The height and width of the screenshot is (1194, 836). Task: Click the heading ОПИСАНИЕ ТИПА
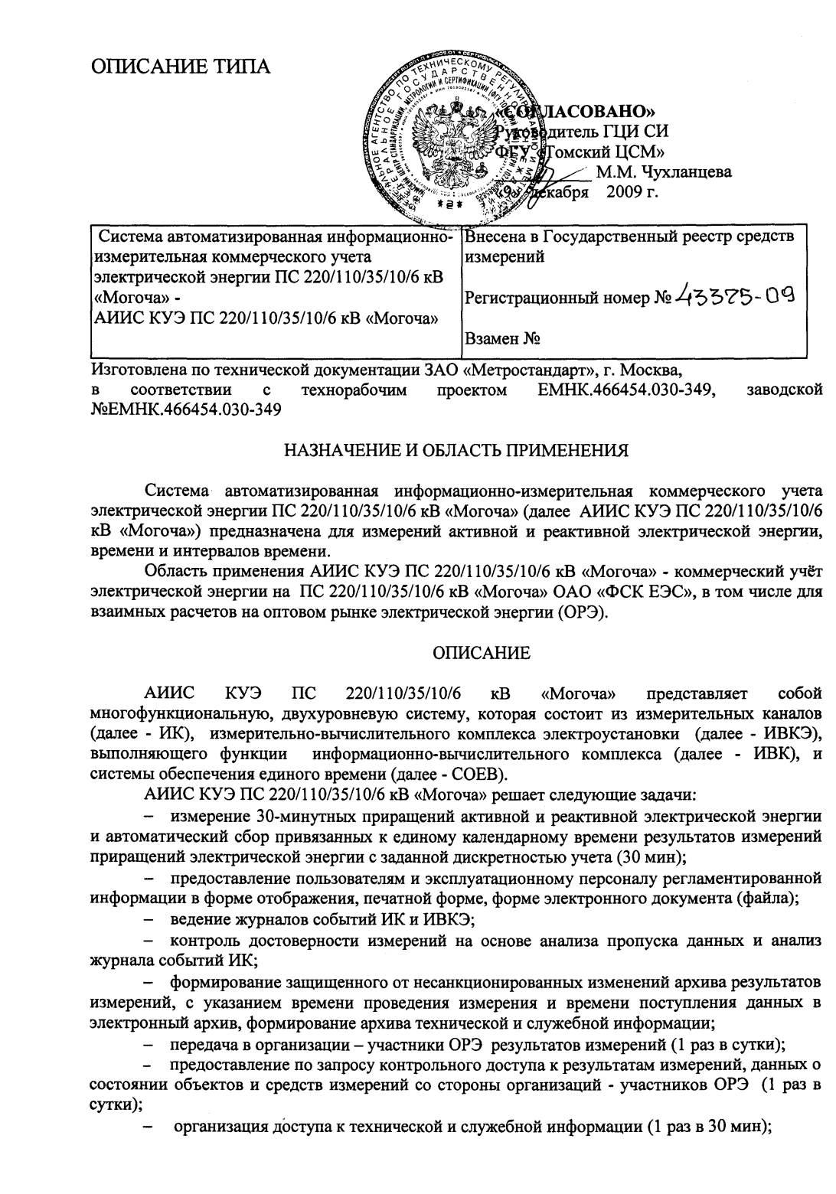coord(181,67)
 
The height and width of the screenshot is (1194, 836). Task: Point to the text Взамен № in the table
coord(500,338)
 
